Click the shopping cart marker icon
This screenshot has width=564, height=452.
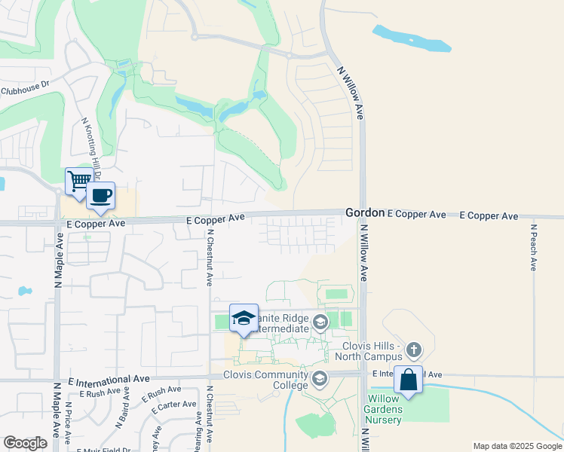tap(78, 181)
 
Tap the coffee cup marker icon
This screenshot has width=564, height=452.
tap(100, 196)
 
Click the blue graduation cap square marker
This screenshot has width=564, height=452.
tap(244, 318)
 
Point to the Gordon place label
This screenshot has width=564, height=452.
tap(365, 213)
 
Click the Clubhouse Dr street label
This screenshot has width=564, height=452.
tap(24, 90)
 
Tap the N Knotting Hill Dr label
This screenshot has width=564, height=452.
tap(90, 146)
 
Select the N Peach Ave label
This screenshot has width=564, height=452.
tap(532, 246)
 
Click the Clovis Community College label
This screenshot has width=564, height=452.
tap(265, 380)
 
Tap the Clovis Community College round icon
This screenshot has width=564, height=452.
tap(320, 377)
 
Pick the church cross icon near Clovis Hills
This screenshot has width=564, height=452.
tap(413, 350)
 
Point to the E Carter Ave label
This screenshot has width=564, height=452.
tap(173, 408)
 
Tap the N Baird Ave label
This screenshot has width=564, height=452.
tap(121, 413)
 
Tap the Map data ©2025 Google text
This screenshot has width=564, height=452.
tap(516, 446)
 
